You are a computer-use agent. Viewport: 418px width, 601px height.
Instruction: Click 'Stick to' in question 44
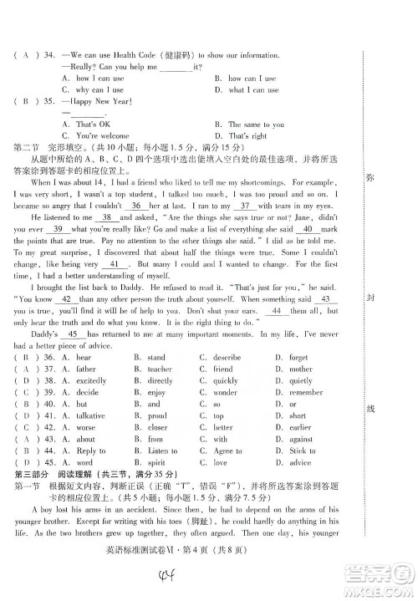point(302,451)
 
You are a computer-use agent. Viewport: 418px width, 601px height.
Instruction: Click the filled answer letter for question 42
point(27,427)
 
